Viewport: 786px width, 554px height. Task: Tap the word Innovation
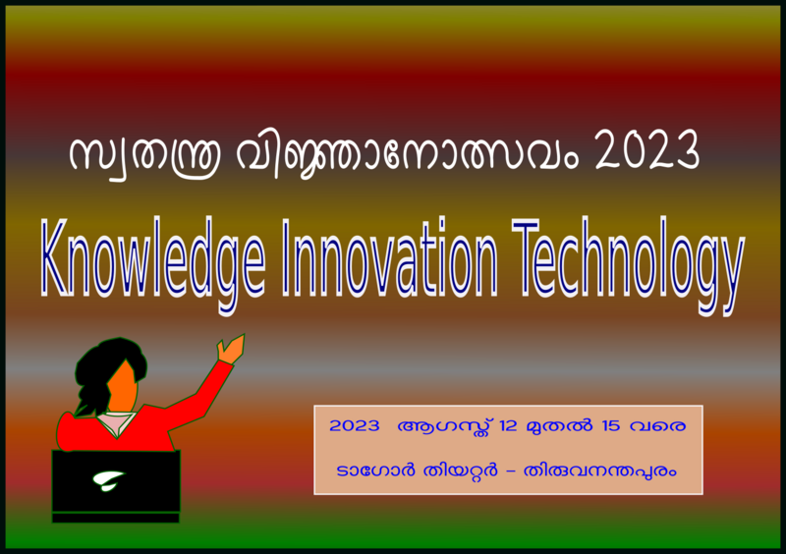[x=391, y=257]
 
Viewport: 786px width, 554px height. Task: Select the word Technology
[x=630, y=257]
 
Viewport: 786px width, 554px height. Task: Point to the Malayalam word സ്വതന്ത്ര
[x=133, y=155]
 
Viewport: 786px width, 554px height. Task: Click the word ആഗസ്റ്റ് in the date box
[x=443, y=428]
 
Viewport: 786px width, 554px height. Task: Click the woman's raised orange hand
[x=231, y=349]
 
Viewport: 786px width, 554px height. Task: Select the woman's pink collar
[x=117, y=422]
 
